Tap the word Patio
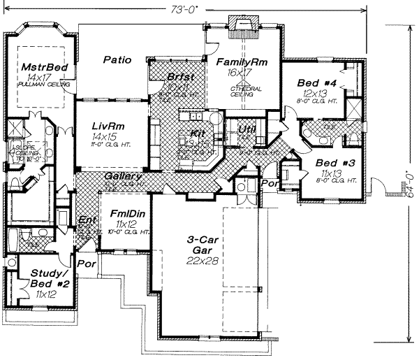[x=117, y=60]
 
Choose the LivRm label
[x=108, y=126]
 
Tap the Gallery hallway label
[x=124, y=177]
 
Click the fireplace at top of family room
[x=244, y=27]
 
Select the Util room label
[x=247, y=129]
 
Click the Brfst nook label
[x=181, y=76]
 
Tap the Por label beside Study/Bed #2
[x=86, y=265]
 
